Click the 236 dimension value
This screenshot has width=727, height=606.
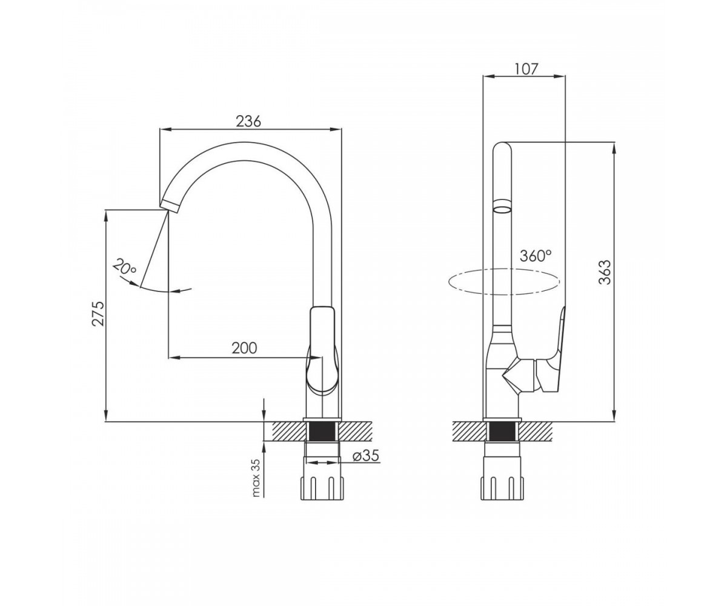248,122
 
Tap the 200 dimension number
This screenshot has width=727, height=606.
244,348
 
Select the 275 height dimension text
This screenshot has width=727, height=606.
98,313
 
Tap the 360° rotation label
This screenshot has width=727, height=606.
536,256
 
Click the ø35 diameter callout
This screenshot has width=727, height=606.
365,456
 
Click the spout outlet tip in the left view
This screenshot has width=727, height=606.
170,206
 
